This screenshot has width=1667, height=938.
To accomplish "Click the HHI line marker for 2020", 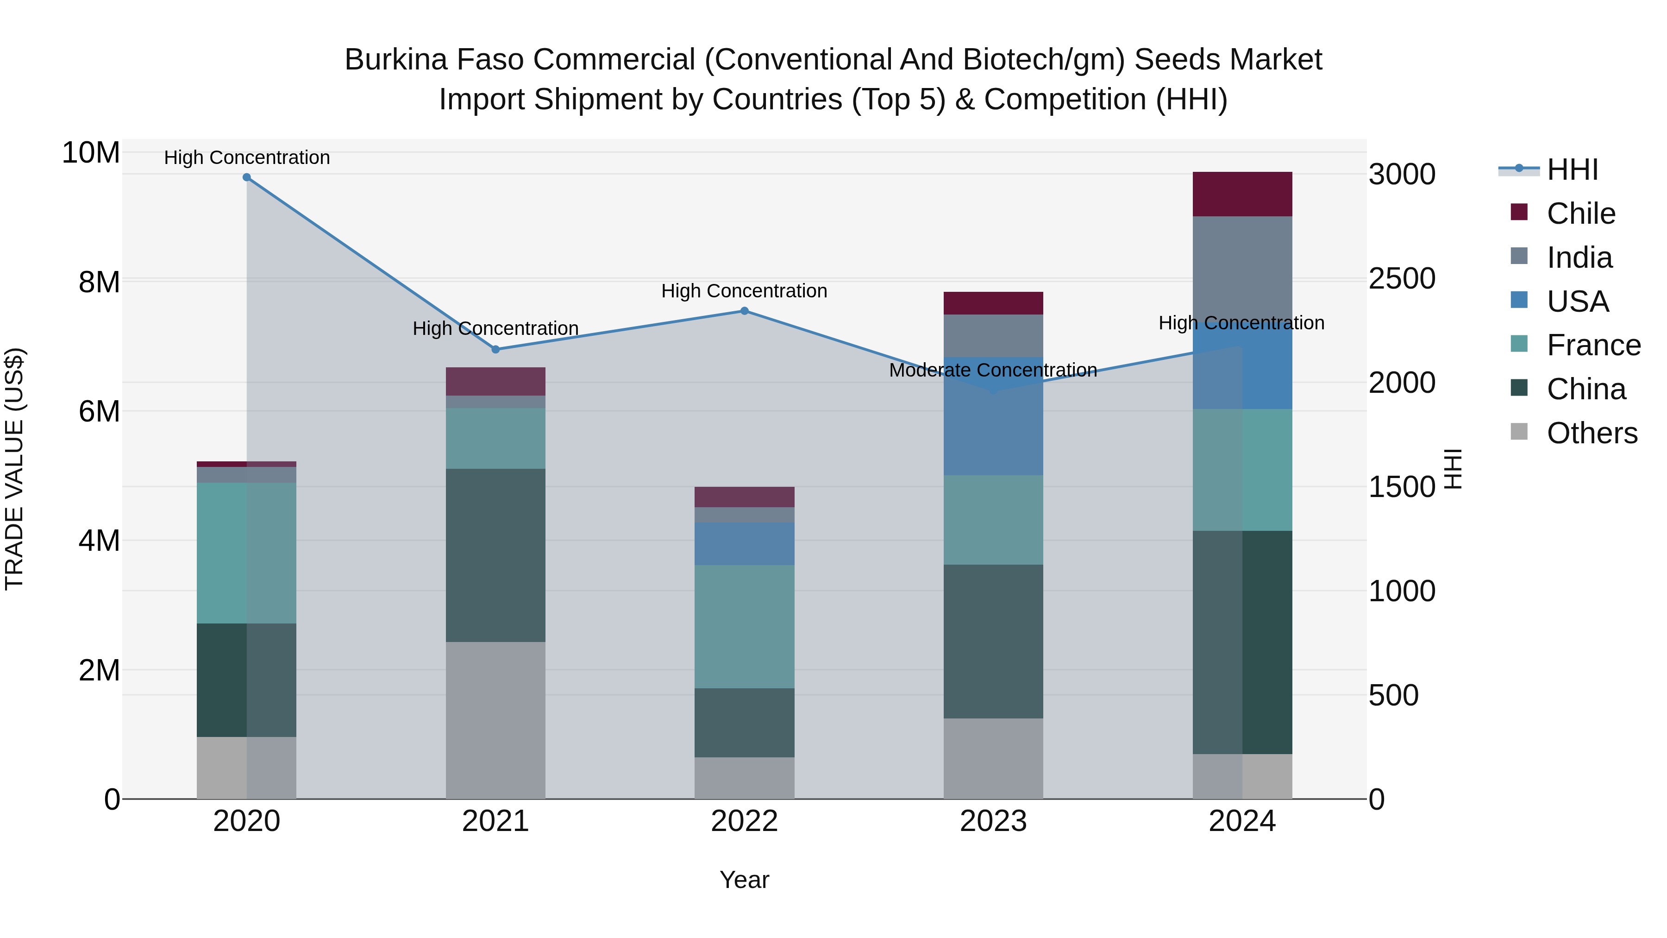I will point(246,177).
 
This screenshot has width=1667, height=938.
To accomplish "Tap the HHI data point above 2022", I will point(744,311).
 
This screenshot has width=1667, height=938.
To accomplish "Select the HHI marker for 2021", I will point(495,350).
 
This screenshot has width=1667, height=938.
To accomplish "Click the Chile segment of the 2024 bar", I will point(1242,194).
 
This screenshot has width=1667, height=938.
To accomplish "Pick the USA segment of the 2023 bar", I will point(993,416).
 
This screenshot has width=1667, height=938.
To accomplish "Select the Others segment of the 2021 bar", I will point(495,720).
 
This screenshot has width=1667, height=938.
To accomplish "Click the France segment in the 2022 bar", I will point(744,627).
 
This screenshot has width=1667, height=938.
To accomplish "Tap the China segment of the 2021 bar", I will point(495,555).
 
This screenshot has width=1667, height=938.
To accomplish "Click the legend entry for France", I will point(1593,345).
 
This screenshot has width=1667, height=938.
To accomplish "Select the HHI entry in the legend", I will point(1572,170).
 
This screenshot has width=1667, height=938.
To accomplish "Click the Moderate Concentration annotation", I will point(993,370).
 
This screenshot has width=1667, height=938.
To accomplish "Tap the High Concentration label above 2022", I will point(744,291).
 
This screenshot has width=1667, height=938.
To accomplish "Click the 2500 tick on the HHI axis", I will point(1402,278).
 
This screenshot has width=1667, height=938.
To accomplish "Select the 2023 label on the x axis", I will point(993,821).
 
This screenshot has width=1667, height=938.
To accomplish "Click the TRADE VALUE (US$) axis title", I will point(14,469).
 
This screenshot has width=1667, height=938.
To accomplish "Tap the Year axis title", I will point(744,880).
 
